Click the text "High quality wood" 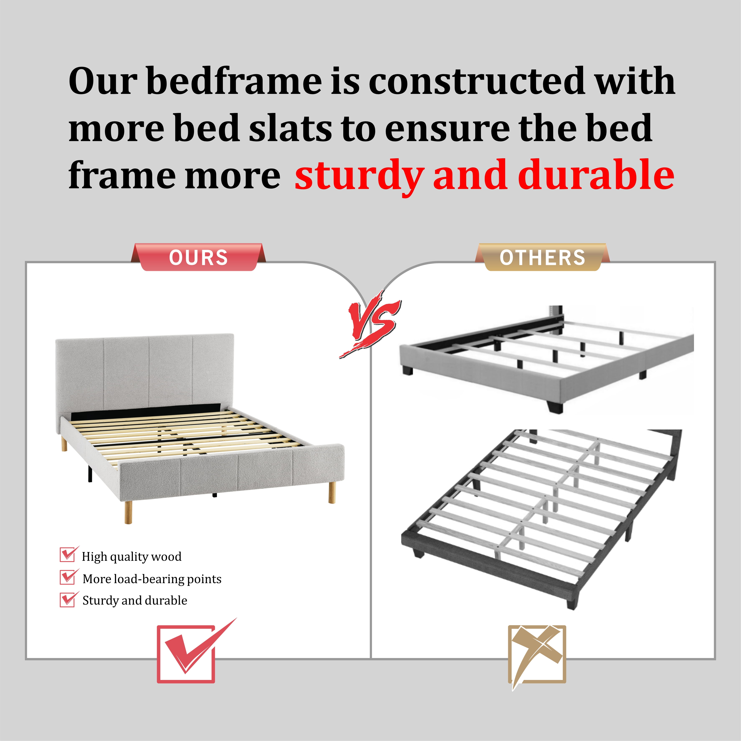[132, 557]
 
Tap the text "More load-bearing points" [152, 579]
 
